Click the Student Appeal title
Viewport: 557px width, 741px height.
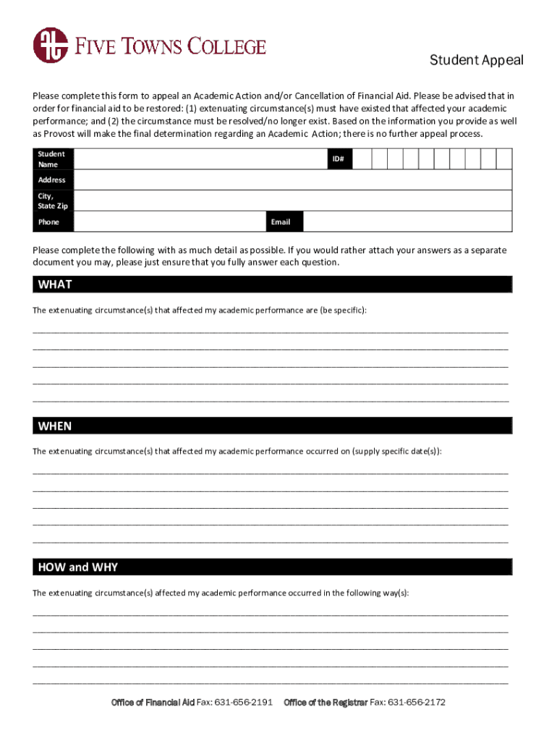point(476,60)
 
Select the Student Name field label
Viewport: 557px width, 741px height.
point(51,159)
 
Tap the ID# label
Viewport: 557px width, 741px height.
point(338,159)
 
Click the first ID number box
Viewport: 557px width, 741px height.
point(362,159)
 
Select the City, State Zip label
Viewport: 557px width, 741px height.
point(53,201)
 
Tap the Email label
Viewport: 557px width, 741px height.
point(281,222)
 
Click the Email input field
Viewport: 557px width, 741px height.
point(407,222)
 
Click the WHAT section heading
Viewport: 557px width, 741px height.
point(55,284)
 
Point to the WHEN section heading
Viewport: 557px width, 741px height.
point(55,426)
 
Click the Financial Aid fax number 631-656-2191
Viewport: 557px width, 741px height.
point(247,703)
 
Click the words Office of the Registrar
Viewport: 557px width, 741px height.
point(326,703)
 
